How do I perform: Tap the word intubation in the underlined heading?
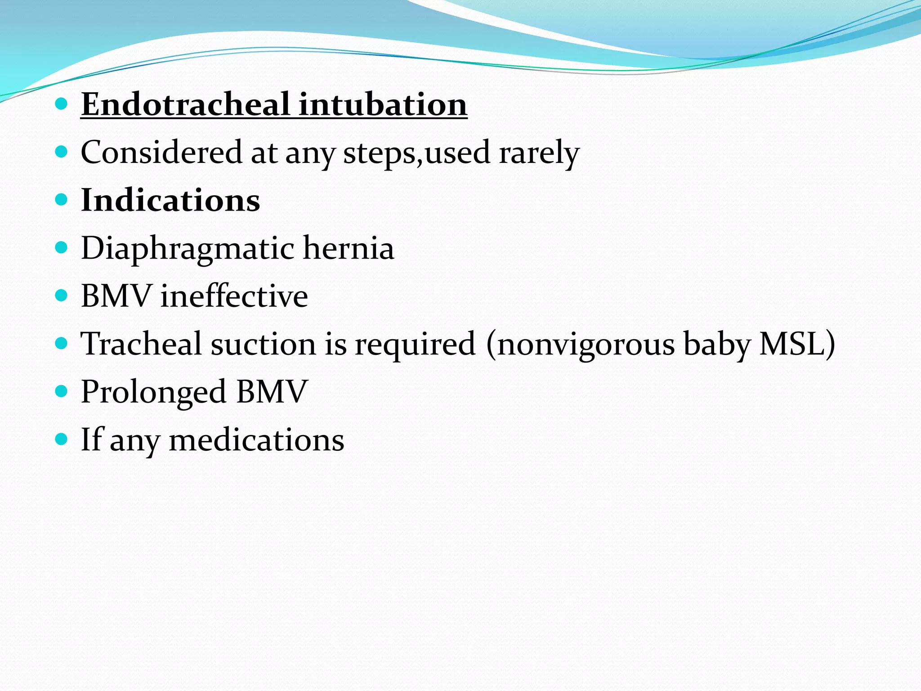(383, 104)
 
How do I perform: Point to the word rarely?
(539, 153)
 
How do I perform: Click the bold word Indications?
(170, 200)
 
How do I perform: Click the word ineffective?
(234, 296)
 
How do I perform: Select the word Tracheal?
(141, 344)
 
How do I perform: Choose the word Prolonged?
(153, 392)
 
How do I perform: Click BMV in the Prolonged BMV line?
(272, 391)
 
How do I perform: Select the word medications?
(256, 440)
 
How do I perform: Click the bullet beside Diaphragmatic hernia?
(61, 248)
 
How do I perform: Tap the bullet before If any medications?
(61, 439)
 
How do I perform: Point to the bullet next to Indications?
(61, 200)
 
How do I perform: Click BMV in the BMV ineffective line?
(116, 296)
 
